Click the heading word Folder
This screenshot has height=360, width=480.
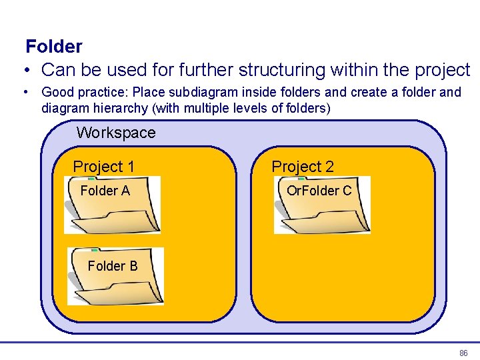point(54,47)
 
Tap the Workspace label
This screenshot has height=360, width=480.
point(116,133)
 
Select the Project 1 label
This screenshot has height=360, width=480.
point(103,167)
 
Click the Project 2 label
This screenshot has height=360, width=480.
point(303,167)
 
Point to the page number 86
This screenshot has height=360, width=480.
point(463,353)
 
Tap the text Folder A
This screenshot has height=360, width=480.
point(105,191)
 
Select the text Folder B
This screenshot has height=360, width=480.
point(113,266)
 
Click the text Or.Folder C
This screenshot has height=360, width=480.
point(319,191)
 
